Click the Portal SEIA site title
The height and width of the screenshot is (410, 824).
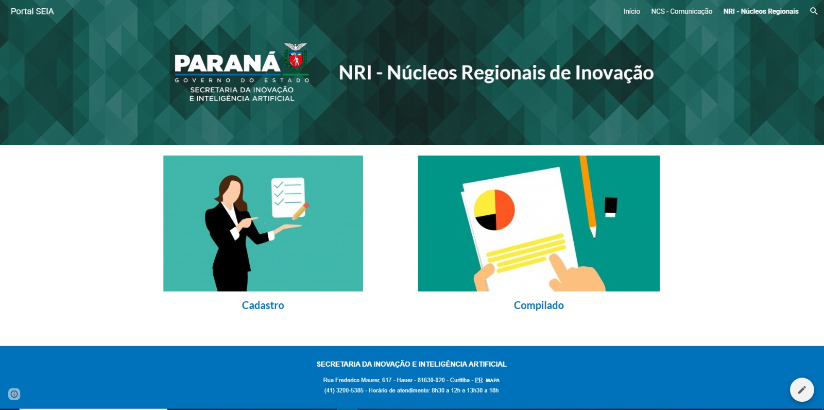(x=32, y=11)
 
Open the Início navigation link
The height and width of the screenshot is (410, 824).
(x=631, y=11)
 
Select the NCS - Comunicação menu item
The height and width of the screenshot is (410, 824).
(x=682, y=11)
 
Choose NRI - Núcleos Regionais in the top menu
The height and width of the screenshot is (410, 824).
(x=761, y=11)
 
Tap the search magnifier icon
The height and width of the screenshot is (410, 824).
(x=814, y=11)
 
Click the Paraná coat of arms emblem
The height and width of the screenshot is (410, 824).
(x=296, y=57)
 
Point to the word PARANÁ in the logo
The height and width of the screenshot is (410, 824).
(x=227, y=63)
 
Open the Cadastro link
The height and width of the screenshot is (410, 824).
(x=263, y=305)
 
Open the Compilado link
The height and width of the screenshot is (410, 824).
(x=539, y=305)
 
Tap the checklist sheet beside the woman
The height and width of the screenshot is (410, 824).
(x=288, y=198)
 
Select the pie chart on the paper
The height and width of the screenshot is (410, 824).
(x=494, y=210)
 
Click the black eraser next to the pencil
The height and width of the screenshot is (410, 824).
(x=611, y=207)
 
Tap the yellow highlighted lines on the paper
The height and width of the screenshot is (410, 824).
(x=526, y=253)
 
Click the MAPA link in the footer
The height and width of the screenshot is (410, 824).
(x=492, y=381)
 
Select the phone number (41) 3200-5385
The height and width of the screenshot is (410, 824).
(x=344, y=390)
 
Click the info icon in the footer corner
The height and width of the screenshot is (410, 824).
(x=14, y=394)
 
